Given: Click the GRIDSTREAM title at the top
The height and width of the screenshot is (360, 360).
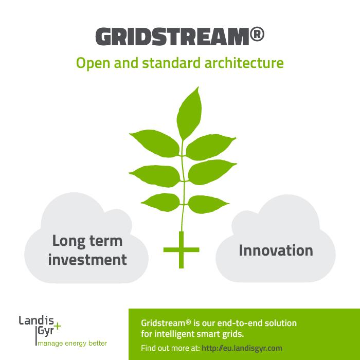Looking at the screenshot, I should pos(172,37).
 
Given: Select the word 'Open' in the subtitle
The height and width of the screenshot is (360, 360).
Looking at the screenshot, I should pos(91,64).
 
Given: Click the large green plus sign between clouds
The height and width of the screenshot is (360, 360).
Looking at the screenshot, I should pos(181,250).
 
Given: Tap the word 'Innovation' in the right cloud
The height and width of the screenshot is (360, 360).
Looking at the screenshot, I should pos(276,250).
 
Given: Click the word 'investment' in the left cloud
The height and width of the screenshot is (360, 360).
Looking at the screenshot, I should pos(87,260).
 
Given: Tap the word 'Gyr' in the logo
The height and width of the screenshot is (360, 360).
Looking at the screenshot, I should pos(45,332).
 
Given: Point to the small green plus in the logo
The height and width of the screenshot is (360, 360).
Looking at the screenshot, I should pos(58,326).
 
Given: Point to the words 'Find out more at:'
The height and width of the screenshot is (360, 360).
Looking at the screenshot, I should pos(170,348).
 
